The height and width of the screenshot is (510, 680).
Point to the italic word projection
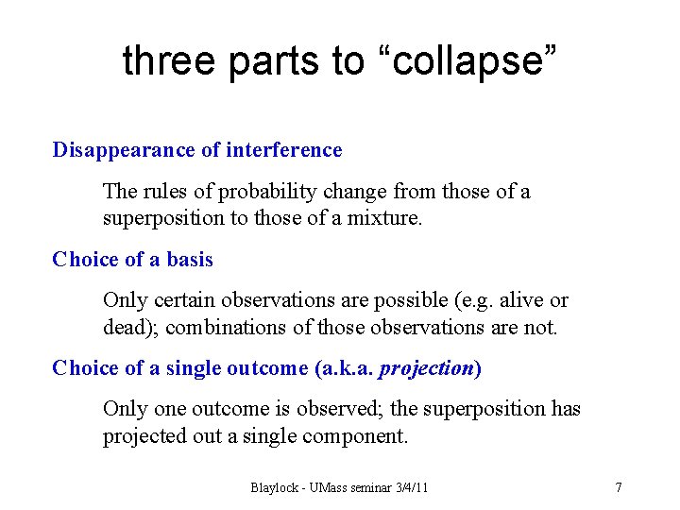pos(425,369)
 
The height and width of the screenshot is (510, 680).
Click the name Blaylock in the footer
pos(275,488)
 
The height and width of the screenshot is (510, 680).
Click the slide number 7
pos(619,488)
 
